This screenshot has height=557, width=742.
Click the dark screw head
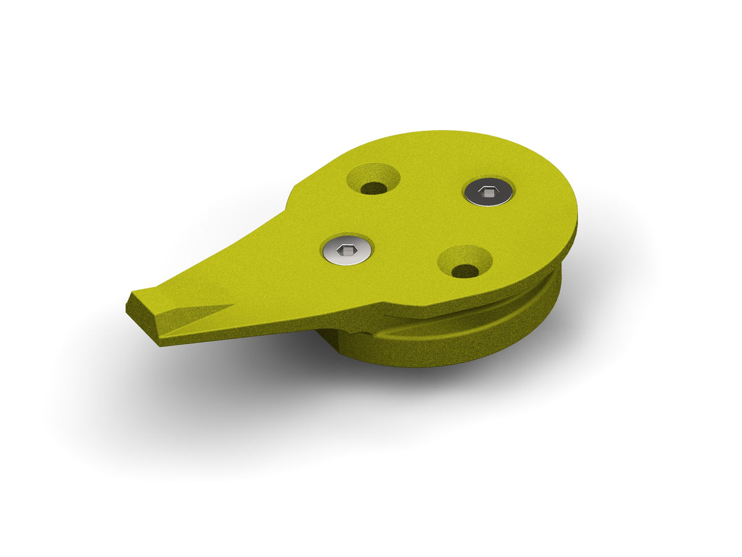(x=488, y=192)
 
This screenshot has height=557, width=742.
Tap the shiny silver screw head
(x=348, y=250)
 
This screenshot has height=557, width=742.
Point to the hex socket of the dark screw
(x=488, y=193)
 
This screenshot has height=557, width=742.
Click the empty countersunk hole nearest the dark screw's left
(x=373, y=179)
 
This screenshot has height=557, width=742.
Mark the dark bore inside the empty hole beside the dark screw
(x=373, y=188)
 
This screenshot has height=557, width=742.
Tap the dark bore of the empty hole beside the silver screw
(x=465, y=270)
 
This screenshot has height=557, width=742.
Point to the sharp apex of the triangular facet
(x=233, y=304)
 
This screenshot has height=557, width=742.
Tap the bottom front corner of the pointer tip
(x=160, y=344)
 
